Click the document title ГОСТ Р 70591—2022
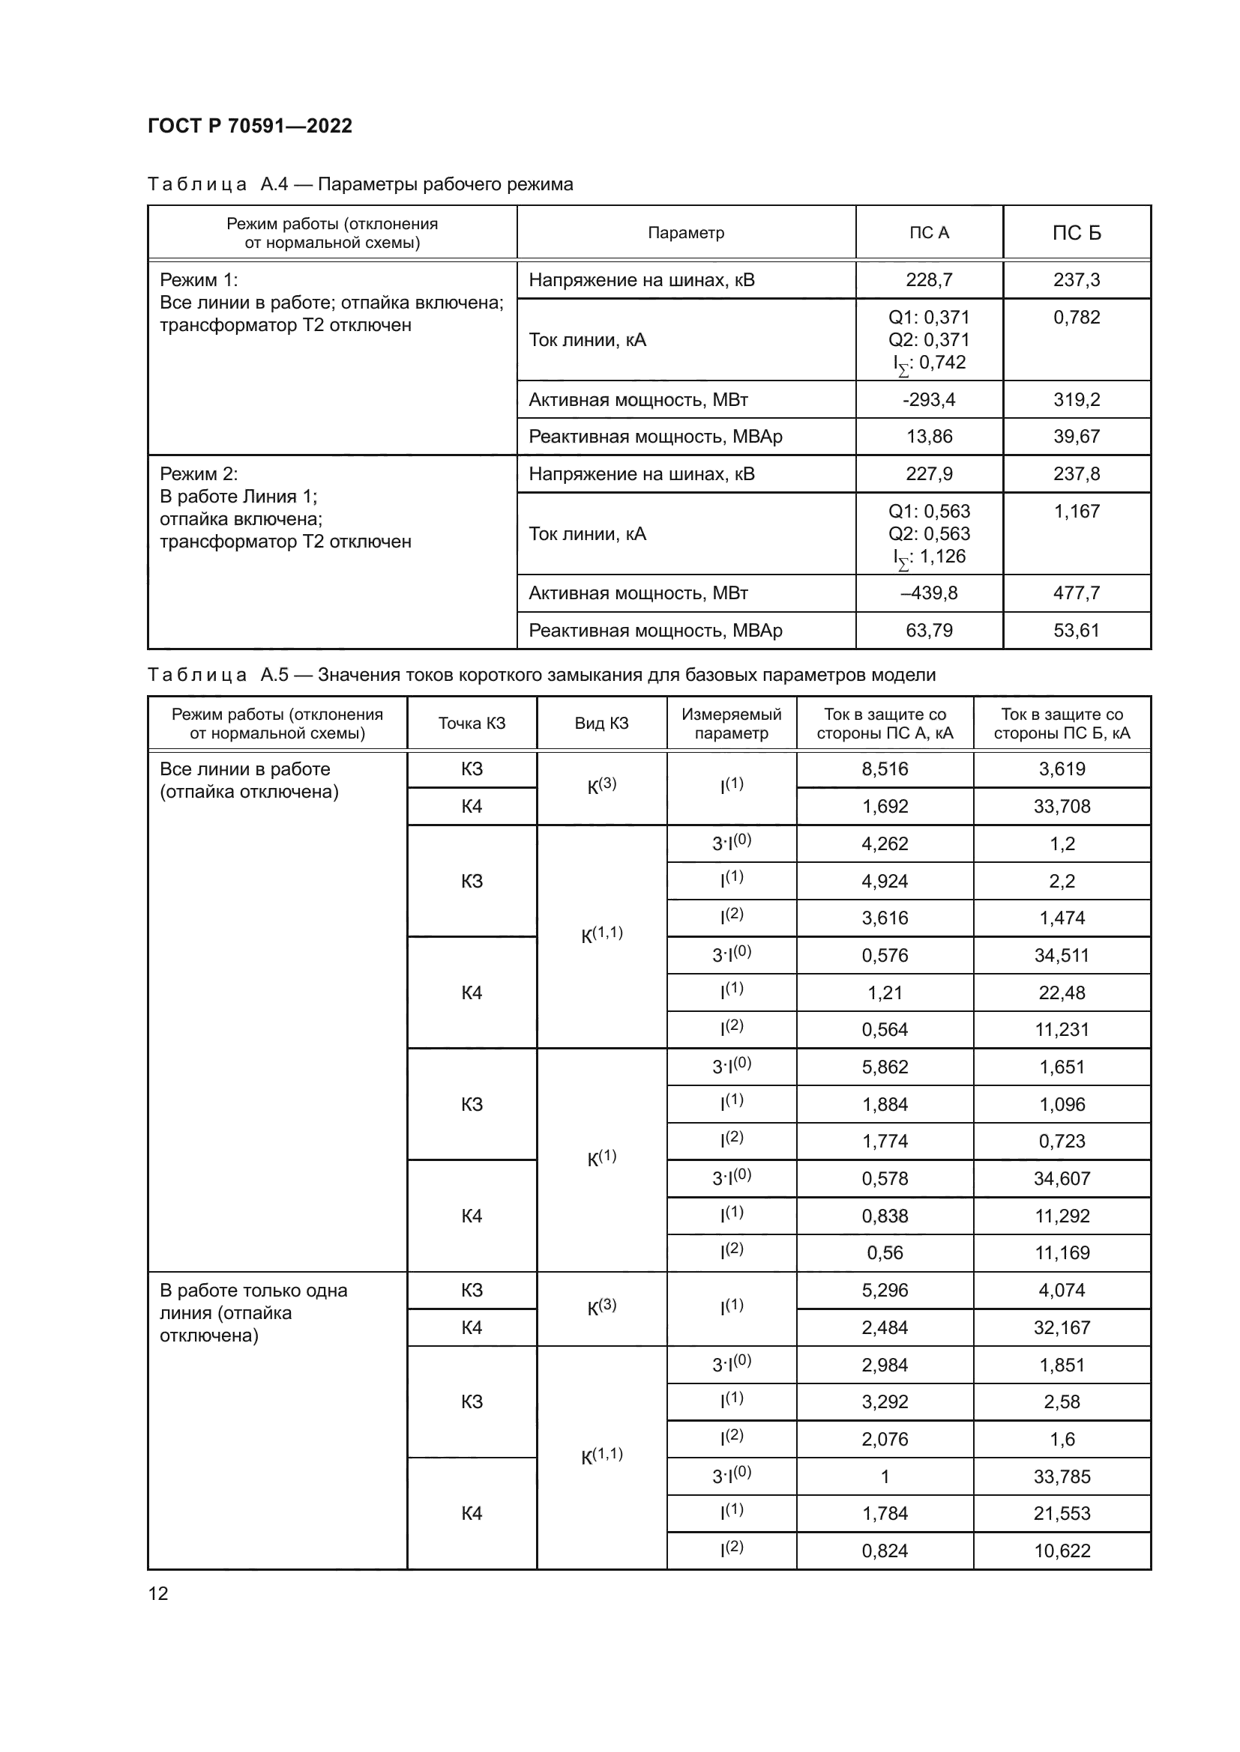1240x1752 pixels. [x=250, y=126]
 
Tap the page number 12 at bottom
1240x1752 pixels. [x=158, y=1593]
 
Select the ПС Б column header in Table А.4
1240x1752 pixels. [x=1077, y=233]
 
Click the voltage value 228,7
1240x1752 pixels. [x=928, y=280]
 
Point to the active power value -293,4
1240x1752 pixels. [x=928, y=400]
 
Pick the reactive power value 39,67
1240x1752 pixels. [x=1077, y=437]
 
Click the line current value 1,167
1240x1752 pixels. [x=1077, y=512]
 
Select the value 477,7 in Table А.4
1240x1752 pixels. [x=1077, y=593]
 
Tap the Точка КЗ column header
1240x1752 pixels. [x=472, y=724]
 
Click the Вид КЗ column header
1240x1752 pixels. [x=602, y=724]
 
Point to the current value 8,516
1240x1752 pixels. [x=885, y=769]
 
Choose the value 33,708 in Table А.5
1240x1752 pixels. [x=1062, y=807]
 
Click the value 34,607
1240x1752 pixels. [x=1062, y=1179]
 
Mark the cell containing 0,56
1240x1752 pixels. [x=885, y=1253]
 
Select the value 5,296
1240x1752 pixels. [x=885, y=1291]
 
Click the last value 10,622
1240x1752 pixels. [x=1062, y=1551]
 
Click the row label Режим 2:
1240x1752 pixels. [x=199, y=474]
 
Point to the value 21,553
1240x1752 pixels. [x=1062, y=1513]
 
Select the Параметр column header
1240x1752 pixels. [x=686, y=233]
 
